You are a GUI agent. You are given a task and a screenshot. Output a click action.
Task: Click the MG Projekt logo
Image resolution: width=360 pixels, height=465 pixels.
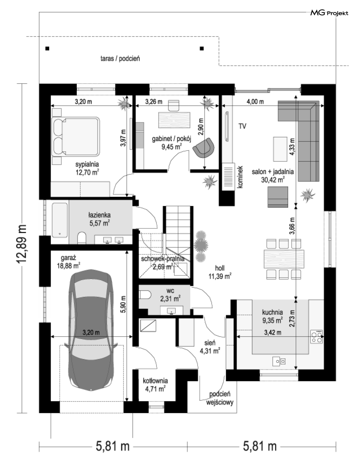tap(329, 13)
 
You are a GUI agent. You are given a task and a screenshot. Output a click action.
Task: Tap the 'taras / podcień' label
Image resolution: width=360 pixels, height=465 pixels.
tap(120, 58)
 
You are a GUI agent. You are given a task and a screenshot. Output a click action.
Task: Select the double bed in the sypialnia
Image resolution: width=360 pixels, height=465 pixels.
tap(75, 136)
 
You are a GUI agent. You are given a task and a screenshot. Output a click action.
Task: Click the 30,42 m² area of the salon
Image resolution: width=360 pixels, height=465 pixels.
tap(274, 178)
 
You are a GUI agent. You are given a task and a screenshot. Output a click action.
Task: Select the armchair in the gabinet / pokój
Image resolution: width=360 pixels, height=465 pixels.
tap(204, 148)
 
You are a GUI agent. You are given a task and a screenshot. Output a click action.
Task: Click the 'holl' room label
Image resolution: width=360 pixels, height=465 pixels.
tap(220, 268)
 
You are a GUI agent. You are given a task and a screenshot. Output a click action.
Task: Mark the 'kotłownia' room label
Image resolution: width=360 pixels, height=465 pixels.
tap(155, 381)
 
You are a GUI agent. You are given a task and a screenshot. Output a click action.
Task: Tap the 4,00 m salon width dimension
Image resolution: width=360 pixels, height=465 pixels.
tap(255, 102)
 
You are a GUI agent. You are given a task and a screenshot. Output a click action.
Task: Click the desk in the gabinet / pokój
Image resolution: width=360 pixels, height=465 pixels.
tap(174, 120)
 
